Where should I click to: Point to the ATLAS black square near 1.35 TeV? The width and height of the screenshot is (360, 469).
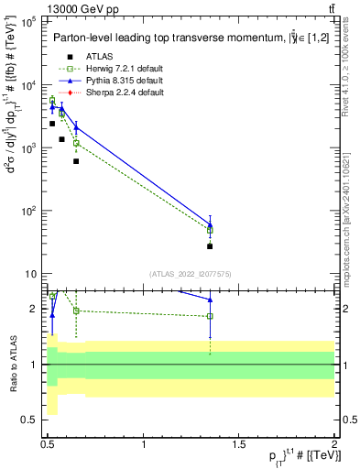[210, 246]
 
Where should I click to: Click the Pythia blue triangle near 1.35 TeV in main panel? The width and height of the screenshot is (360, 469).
[210, 224]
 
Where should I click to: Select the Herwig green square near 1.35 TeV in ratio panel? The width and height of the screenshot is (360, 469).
[210, 316]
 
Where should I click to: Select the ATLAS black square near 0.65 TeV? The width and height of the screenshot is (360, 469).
[76, 161]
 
